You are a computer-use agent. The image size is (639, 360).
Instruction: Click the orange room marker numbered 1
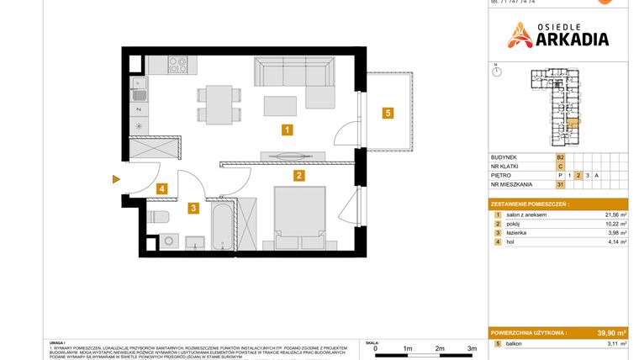(x=287, y=130)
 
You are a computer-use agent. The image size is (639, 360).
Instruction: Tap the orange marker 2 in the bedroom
(x=298, y=176)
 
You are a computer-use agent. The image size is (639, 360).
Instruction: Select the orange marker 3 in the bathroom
(x=193, y=208)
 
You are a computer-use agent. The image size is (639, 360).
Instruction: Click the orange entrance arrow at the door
(x=115, y=178)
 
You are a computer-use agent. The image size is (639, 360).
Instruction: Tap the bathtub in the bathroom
(x=222, y=225)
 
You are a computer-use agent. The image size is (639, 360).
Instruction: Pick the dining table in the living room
(x=216, y=103)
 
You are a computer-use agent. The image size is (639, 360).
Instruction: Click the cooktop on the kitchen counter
(x=178, y=63)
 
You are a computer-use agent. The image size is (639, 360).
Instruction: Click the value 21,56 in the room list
(x=602, y=215)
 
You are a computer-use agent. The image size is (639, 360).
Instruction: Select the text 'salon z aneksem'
(x=526, y=215)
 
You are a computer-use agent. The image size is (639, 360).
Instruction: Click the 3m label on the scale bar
(x=472, y=347)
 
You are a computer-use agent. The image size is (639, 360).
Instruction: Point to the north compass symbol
(x=497, y=72)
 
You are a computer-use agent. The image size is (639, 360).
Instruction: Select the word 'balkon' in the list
(x=515, y=345)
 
